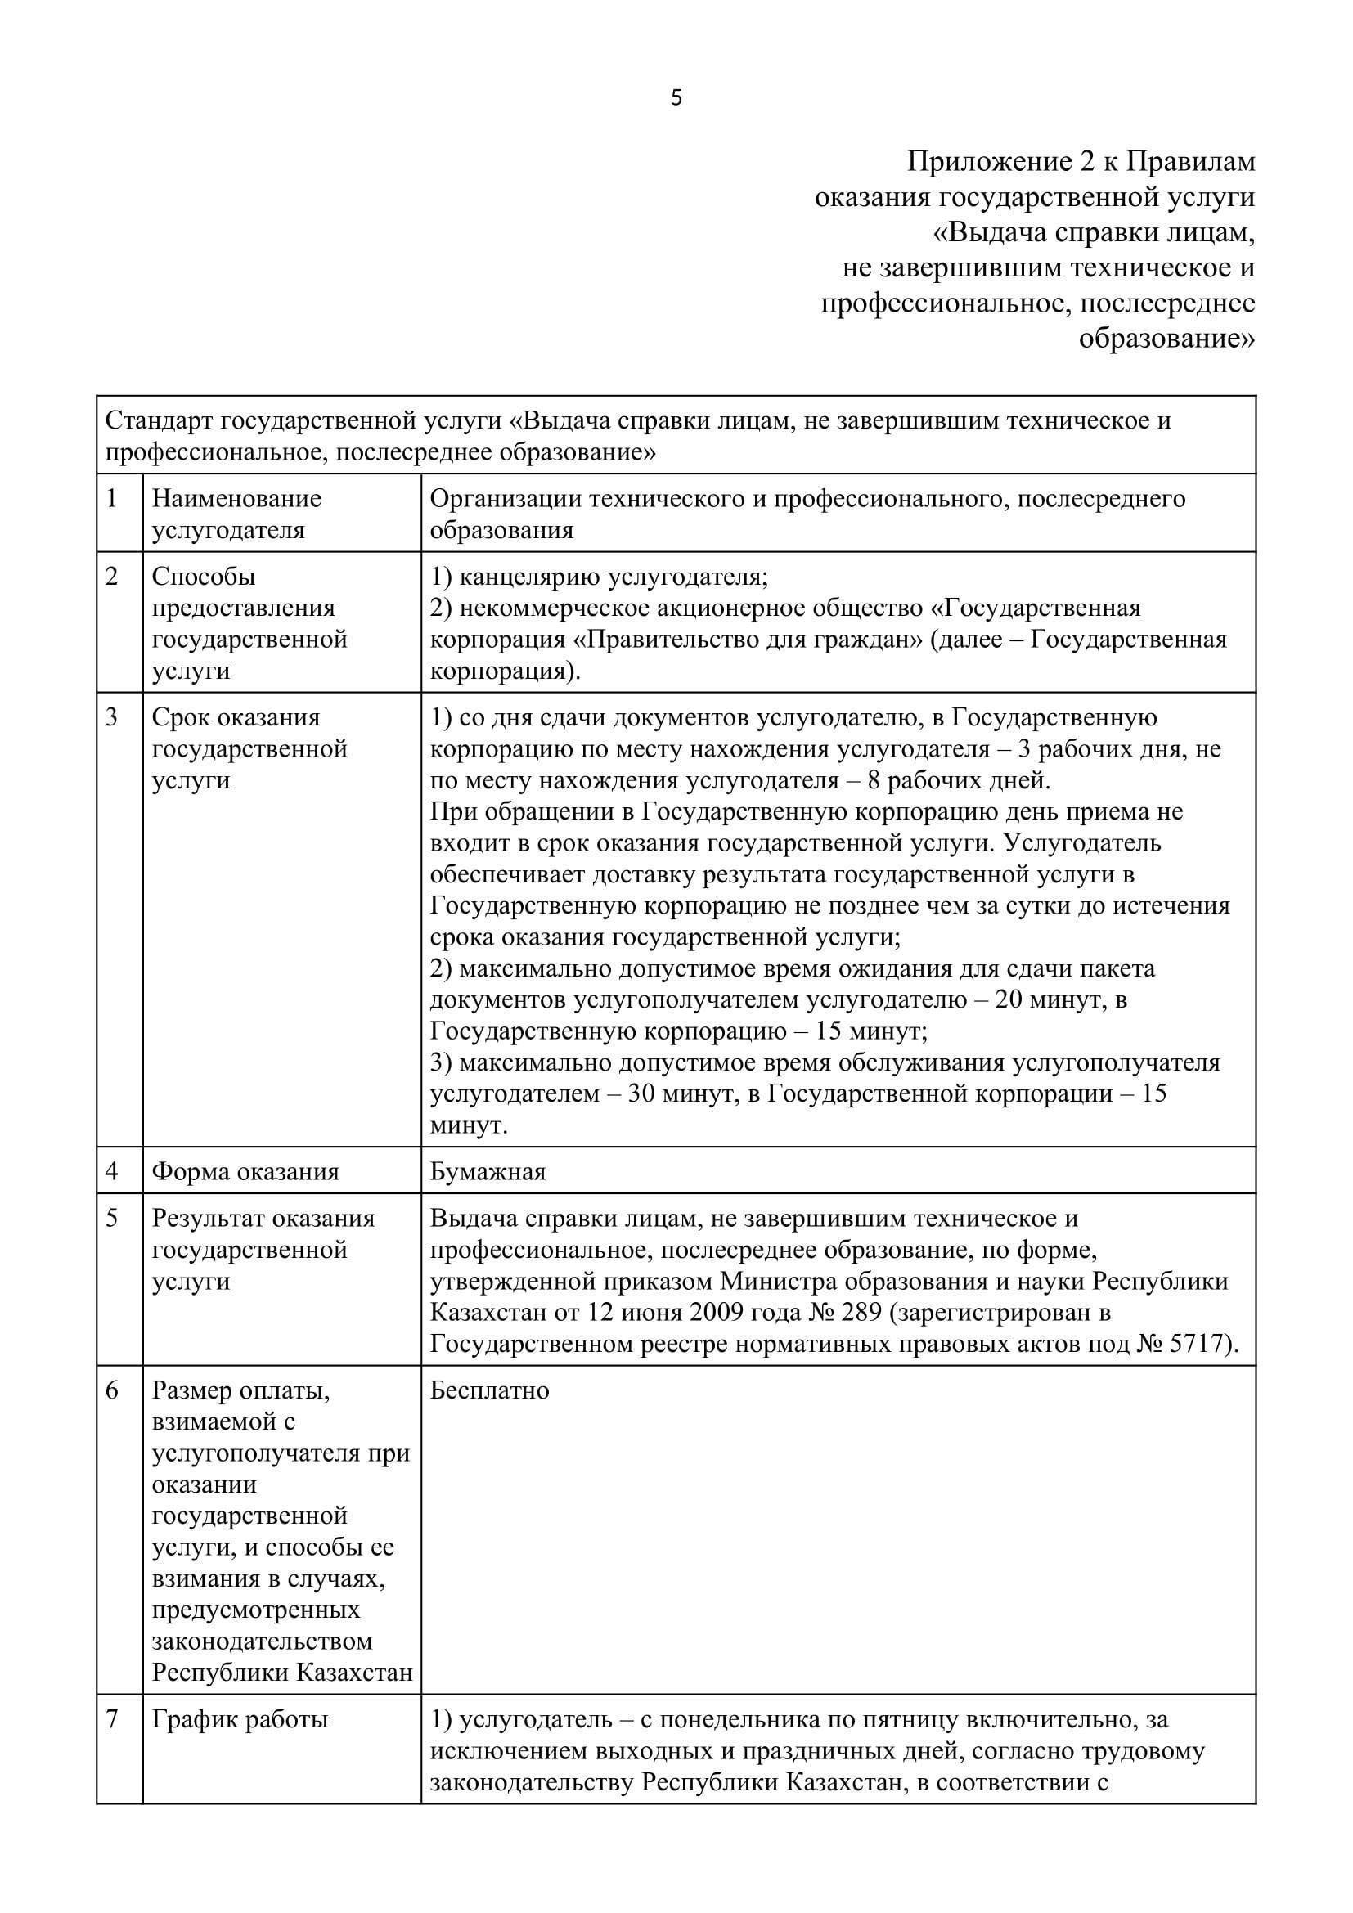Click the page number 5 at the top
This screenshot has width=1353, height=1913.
(x=676, y=98)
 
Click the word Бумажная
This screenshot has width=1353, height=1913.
(x=488, y=1171)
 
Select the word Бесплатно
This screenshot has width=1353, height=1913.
(x=489, y=1390)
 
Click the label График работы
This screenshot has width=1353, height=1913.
(x=240, y=1719)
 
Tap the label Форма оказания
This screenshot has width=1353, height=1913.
(x=245, y=1171)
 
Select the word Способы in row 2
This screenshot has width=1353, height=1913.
(x=204, y=577)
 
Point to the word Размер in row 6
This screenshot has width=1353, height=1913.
(x=191, y=1390)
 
